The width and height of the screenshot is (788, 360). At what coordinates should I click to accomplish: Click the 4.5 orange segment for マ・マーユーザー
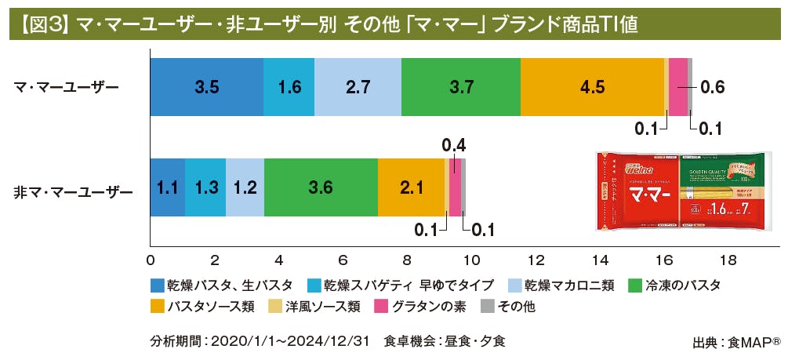(x=592, y=87)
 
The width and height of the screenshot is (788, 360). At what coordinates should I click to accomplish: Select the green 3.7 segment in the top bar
(x=460, y=87)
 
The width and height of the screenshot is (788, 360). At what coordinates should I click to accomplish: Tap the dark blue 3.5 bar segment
(x=206, y=87)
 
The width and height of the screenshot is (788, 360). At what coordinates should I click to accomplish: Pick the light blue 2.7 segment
(x=358, y=87)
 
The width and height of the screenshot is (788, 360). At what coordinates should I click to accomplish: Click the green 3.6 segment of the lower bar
(x=321, y=187)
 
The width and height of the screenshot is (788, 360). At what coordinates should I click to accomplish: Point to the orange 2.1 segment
(x=411, y=187)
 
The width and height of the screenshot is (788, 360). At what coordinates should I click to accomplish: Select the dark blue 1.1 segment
(x=167, y=187)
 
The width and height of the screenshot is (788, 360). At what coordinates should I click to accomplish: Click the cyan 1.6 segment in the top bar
(x=289, y=87)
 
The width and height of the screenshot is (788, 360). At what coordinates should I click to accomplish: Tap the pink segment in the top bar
(x=678, y=87)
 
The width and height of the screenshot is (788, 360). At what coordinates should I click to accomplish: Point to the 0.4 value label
(x=454, y=145)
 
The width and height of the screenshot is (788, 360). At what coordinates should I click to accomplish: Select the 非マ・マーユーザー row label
(x=74, y=191)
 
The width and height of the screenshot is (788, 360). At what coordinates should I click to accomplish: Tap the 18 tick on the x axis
(x=728, y=260)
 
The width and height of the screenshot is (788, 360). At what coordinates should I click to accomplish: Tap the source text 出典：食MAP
(x=735, y=342)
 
